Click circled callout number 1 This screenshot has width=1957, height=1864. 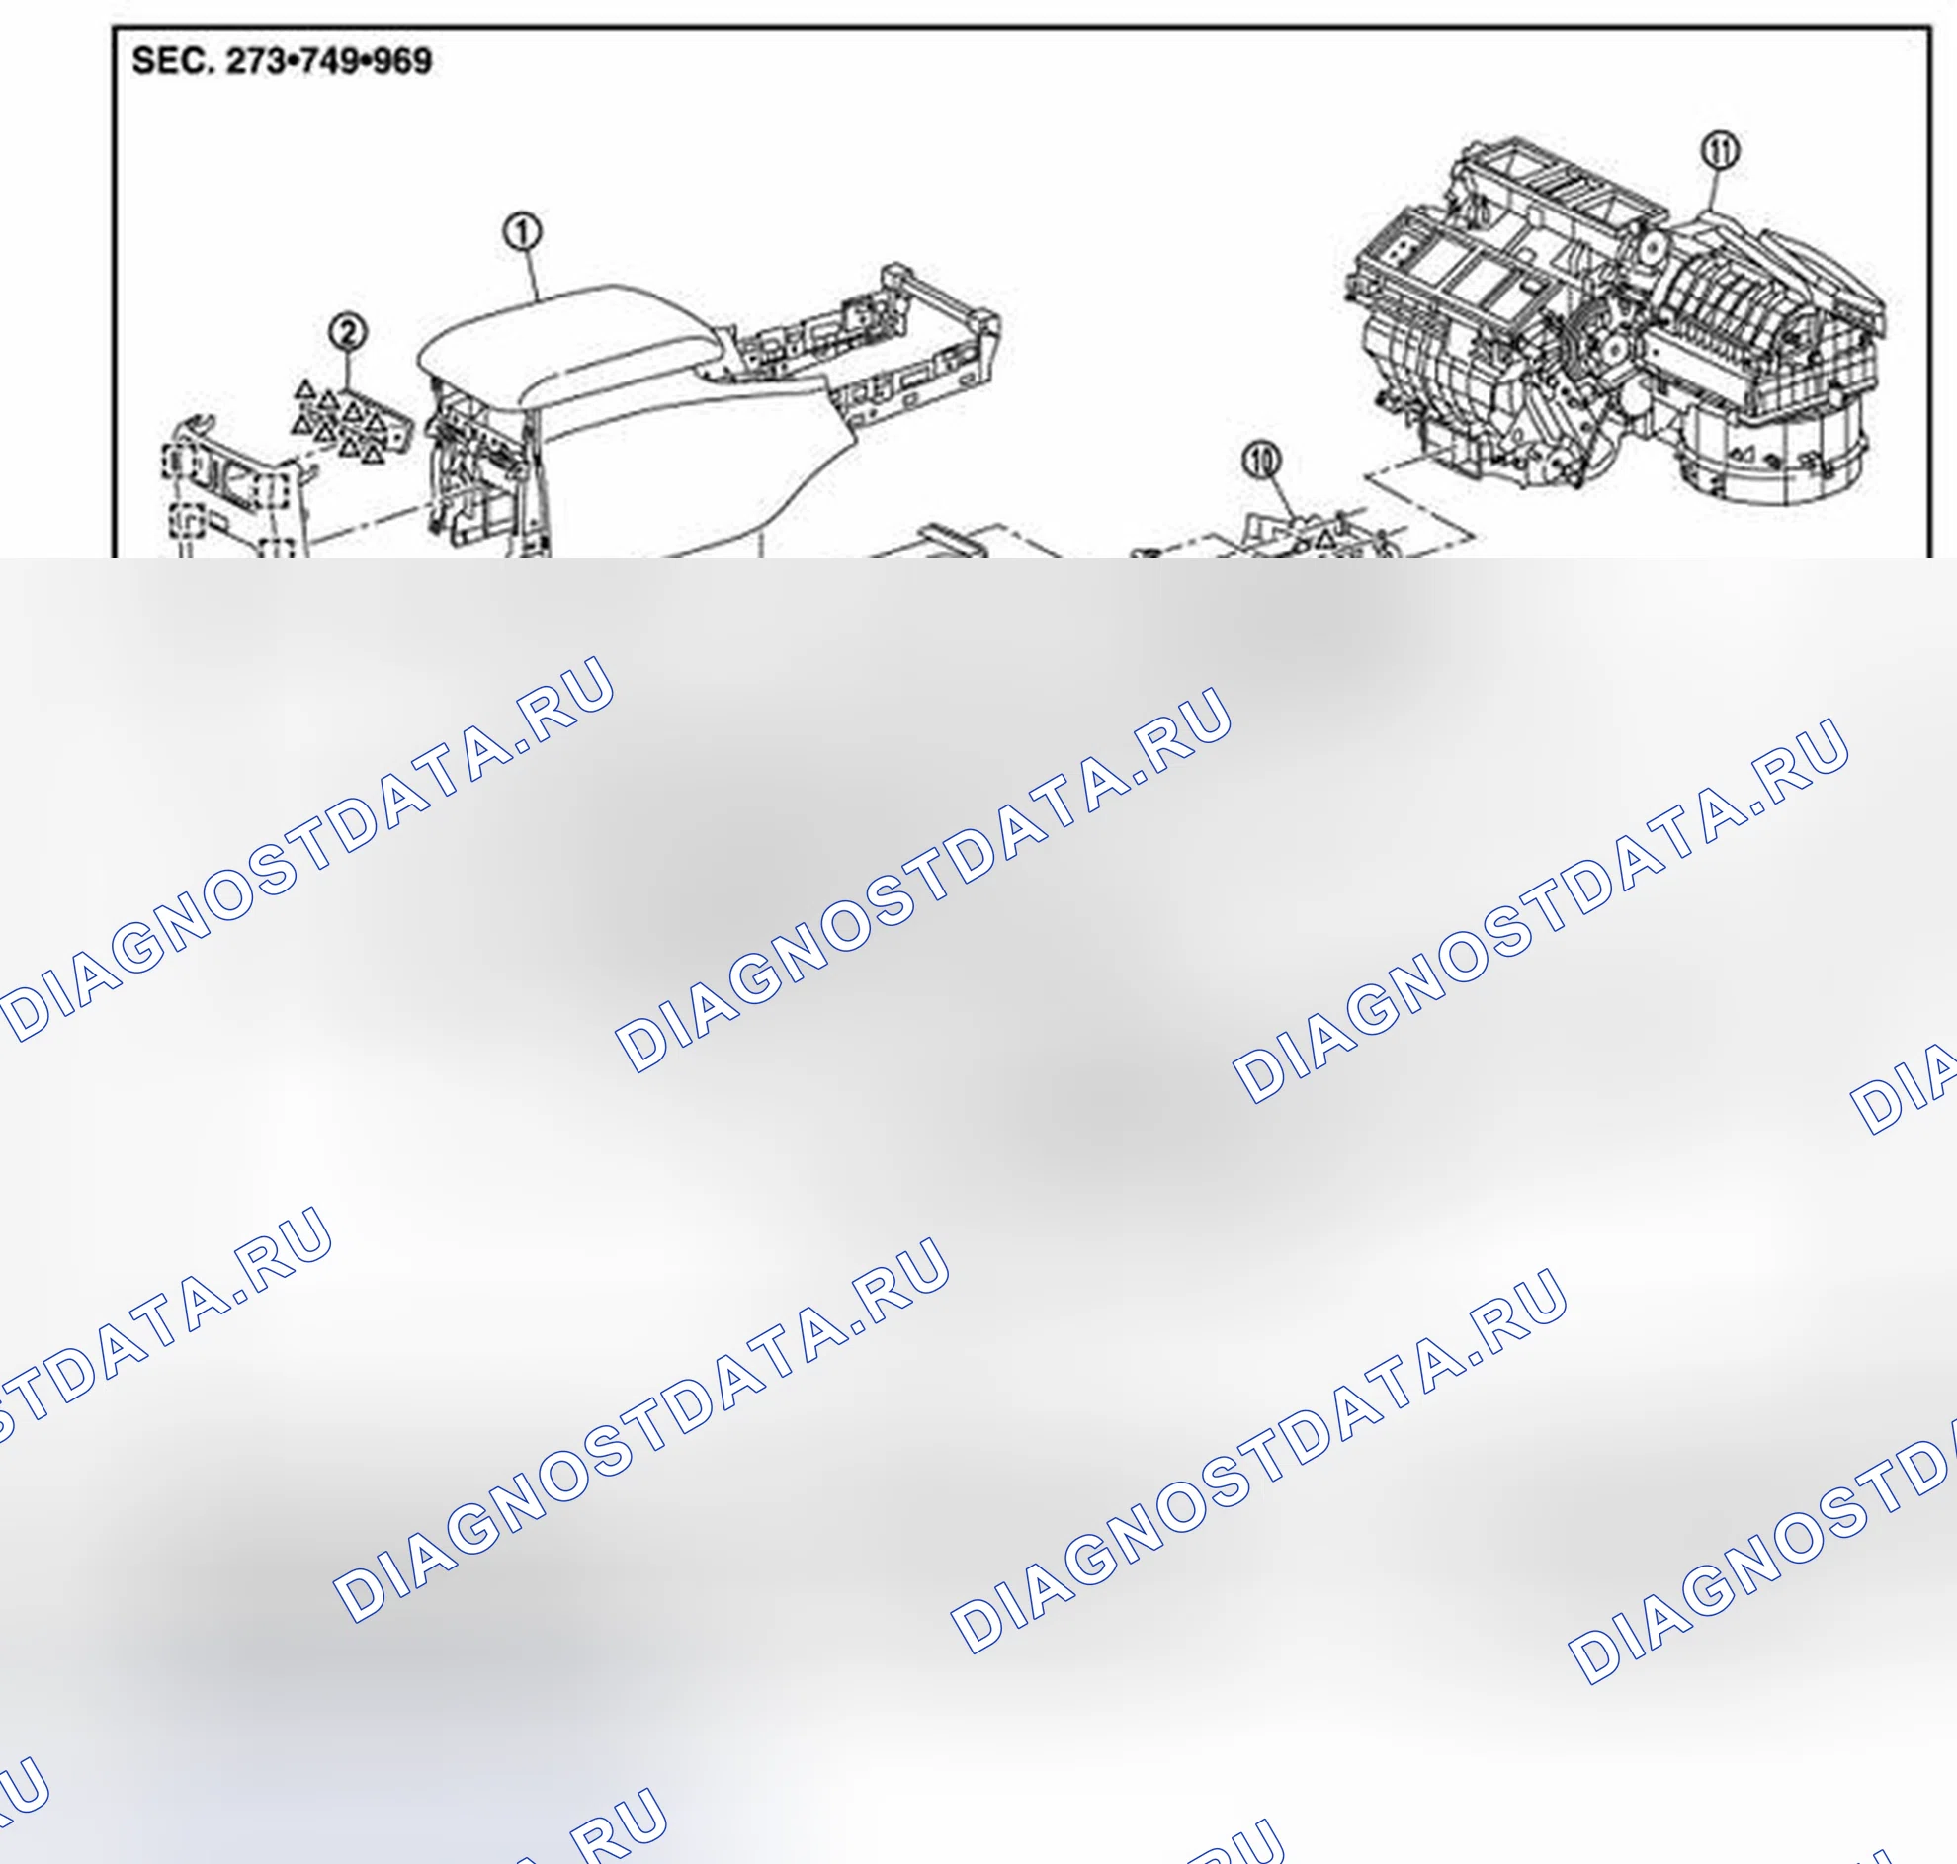click(x=523, y=232)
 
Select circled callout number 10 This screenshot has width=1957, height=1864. click(x=1261, y=460)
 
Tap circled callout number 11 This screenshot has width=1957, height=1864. click(x=1721, y=152)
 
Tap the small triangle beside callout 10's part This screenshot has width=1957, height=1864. click(x=1325, y=540)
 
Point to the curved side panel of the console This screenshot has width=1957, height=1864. click(x=696, y=477)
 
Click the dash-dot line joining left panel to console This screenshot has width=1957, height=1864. click(x=368, y=526)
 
